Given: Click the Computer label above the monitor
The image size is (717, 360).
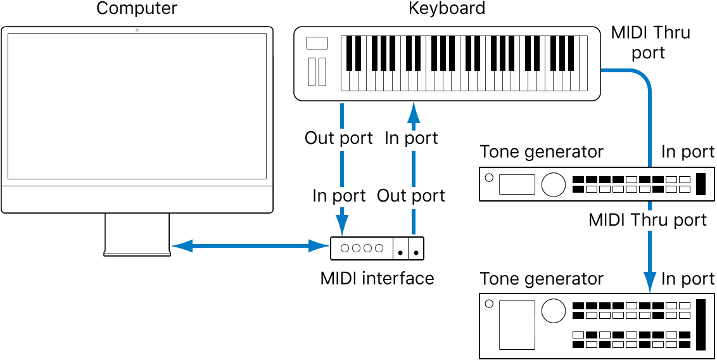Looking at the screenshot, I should coord(137,8).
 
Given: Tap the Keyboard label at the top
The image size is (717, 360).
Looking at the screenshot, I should coord(447,8).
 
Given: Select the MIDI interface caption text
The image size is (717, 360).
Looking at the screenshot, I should coord(377,278).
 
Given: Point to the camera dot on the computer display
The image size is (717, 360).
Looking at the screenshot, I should coord(137,30).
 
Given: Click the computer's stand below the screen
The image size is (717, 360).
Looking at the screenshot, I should coord(137,235).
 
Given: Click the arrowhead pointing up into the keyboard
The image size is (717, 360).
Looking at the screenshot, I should coord(414,113).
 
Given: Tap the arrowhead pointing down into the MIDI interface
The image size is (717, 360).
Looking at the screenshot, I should coord(342,224).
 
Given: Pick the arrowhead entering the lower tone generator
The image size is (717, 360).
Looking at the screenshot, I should coord(650,282).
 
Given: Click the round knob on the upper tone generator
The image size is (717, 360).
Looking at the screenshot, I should coord(553,184).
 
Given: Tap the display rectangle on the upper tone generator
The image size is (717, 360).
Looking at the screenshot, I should coord(517,184).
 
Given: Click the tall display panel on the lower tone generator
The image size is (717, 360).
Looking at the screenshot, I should coord(516,325).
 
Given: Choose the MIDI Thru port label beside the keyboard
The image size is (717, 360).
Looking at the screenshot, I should coord(650,42).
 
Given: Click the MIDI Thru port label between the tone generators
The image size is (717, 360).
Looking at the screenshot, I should coord(647,220).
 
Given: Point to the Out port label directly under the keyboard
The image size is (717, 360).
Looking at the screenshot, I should coord(339,138).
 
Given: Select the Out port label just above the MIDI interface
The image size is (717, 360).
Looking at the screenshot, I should coord(411,196).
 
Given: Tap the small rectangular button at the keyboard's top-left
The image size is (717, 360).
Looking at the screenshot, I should coord(317,43).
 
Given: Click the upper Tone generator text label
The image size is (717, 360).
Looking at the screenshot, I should coord(542,152).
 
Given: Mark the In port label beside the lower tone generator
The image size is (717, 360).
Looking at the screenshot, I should coord(688,279).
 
